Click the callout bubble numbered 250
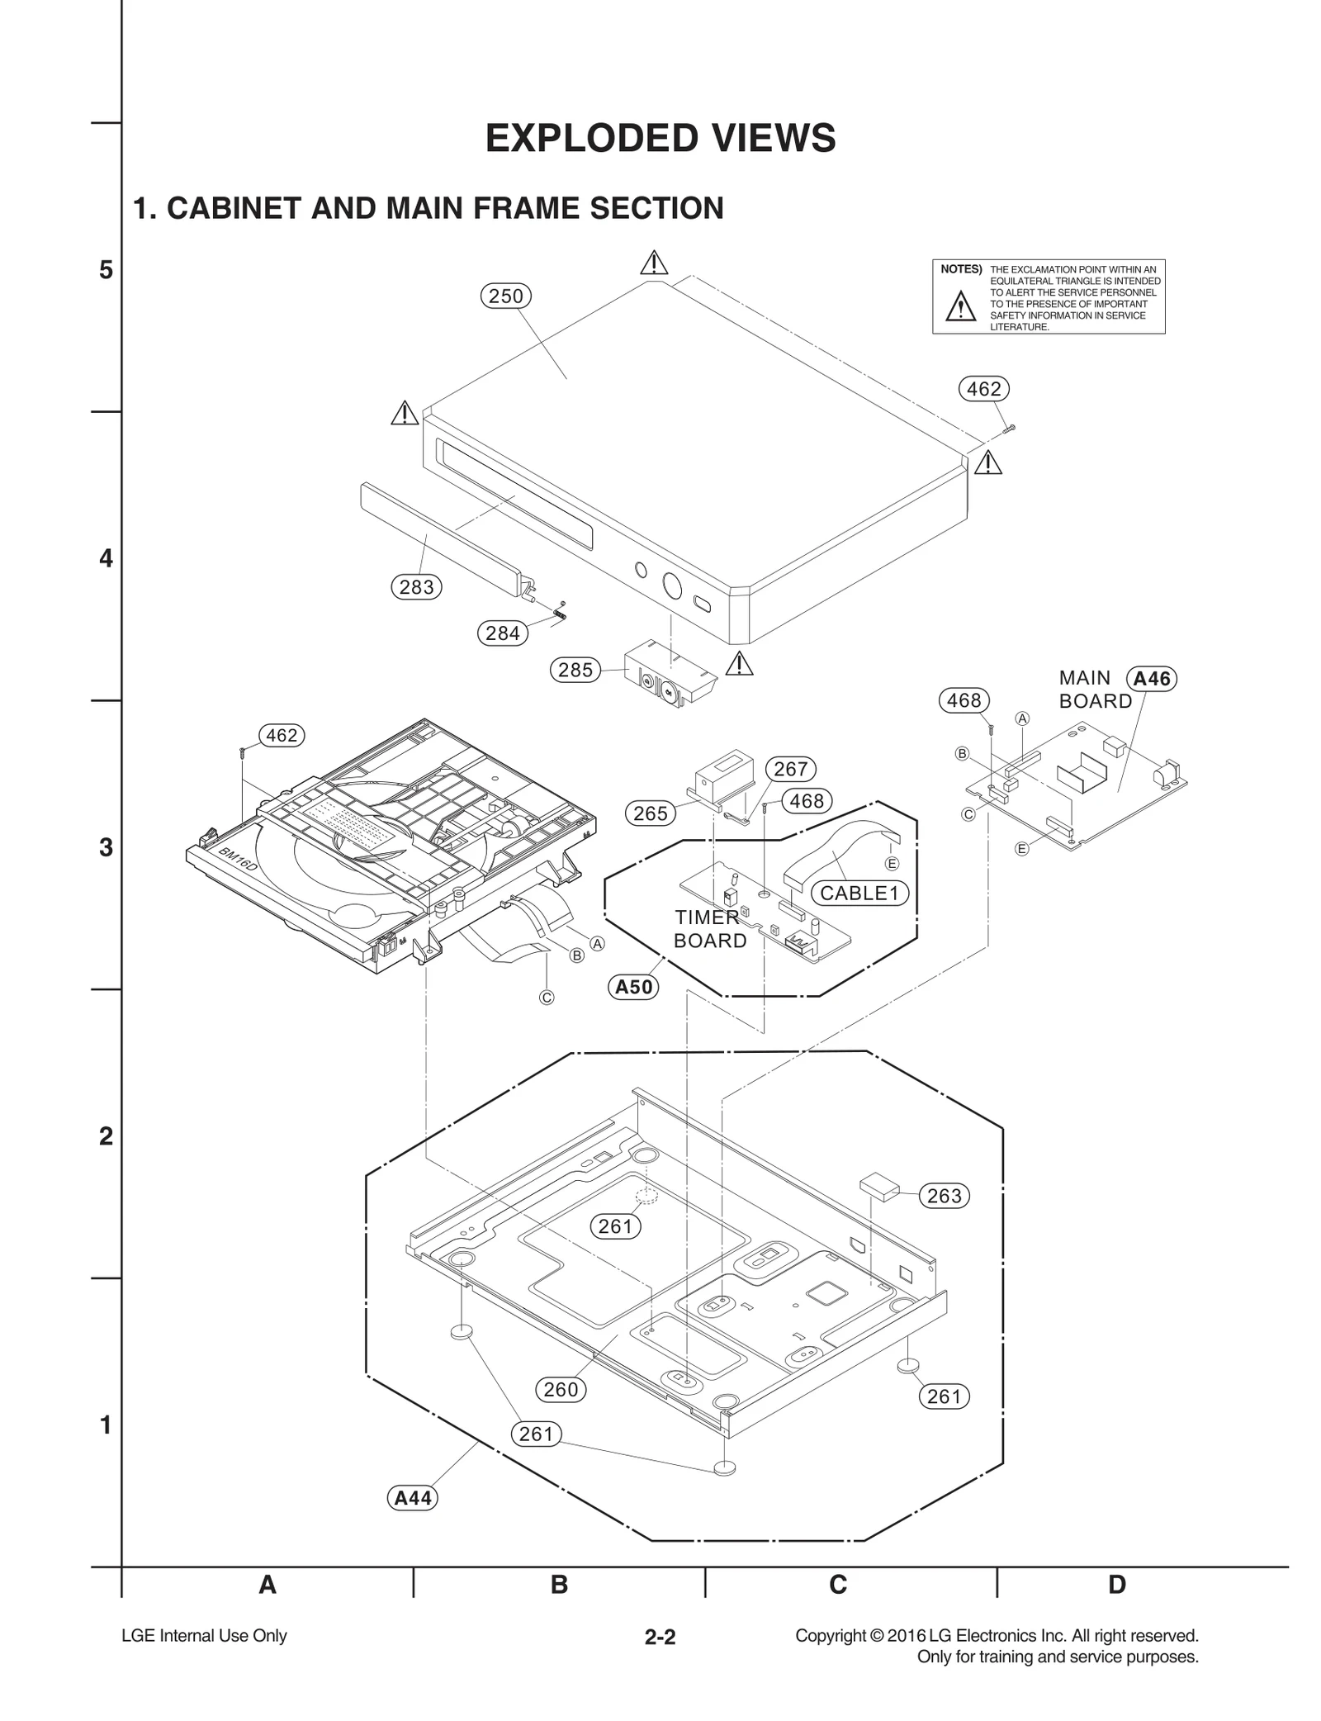pyautogui.click(x=505, y=296)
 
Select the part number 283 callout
pyautogui.click(x=416, y=587)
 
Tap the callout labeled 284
pyautogui.click(x=502, y=633)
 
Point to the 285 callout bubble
pyautogui.click(x=575, y=670)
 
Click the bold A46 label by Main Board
pyautogui.click(x=1152, y=679)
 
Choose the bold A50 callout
pyautogui.click(x=634, y=987)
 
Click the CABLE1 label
pyautogui.click(x=859, y=893)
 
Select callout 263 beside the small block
pyautogui.click(x=945, y=1196)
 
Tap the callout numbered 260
pyautogui.click(x=561, y=1390)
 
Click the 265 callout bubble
pyautogui.click(x=650, y=813)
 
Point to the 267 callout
pyautogui.click(x=790, y=769)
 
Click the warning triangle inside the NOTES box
pyautogui.click(x=960, y=306)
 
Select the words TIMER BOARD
pyautogui.click(x=709, y=929)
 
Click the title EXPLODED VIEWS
pyautogui.click(x=660, y=138)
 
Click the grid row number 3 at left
pyautogui.click(x=106, y=848)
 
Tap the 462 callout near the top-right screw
pyautogui.click(x=983, y=389)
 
